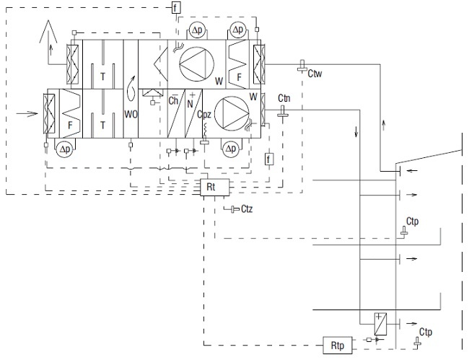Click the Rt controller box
[215, 187]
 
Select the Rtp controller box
[338, 346]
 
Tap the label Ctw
[315, 74]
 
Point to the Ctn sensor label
[284, 98]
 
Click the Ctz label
[247, 209]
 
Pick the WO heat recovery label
[131, 114]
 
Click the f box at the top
[177, 7]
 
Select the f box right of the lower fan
[269, 159]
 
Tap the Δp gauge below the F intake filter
[65, 149]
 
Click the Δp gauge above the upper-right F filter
[238, 30]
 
